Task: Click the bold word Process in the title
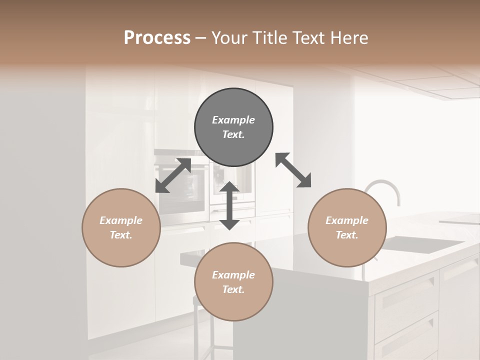pyautogui.click(x=157, y=38)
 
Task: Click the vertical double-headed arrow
pyautogui.click(x=229, y=205)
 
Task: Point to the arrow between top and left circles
pyautogui.click(x=173, y=175)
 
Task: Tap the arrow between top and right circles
pyautogui.click(x=293, y=170)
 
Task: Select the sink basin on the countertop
pyautogui.click(x=422, y=244)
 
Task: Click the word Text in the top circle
pyautogui.click(x=233, y=134)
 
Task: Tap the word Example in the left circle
pyautogui.click(x=121, y=220)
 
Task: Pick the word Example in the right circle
pyautogui.click(x=347, y=220)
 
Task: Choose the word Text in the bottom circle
pyautogui.click(x=233, y=289)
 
